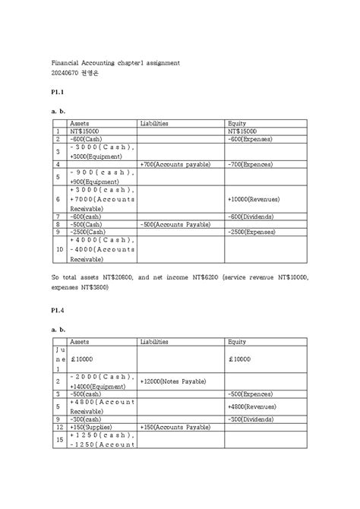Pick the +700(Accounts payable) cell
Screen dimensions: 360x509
(x=174, y=163)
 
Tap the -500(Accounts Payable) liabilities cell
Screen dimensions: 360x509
(x=175, y=224)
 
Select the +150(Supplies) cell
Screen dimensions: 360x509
(x=90, y=427)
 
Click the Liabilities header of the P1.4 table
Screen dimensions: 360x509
(x=155, y=342)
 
